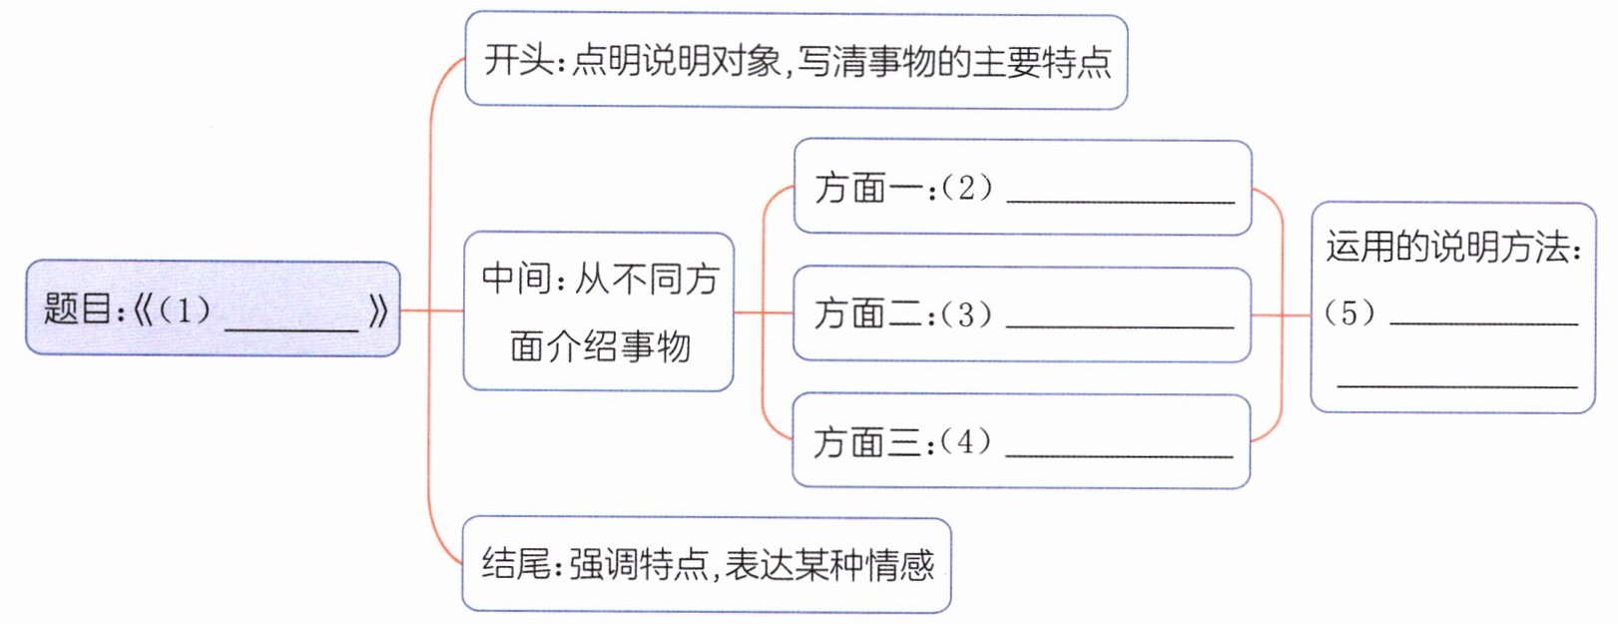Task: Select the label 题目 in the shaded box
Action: click(x=78, y=310)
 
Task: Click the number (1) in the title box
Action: click(x=184, y=310)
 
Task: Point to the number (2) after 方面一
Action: click(x=966, y=187)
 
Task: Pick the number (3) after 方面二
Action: click(x=965, y=314)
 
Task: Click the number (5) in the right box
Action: click(x=1348, y=313)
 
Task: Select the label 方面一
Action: click(x=868, y=188)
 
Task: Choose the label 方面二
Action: click(x=867, y=314)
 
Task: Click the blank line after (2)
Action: click(x=1120, y=200)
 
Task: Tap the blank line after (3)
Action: click(x=1120, y=325)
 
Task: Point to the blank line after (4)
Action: click(x=1119, y=454)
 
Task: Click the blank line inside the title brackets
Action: click(x=291, y=326)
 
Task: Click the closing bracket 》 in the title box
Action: click(x=377, y=311)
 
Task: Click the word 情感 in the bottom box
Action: click(x=900, y=565)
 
